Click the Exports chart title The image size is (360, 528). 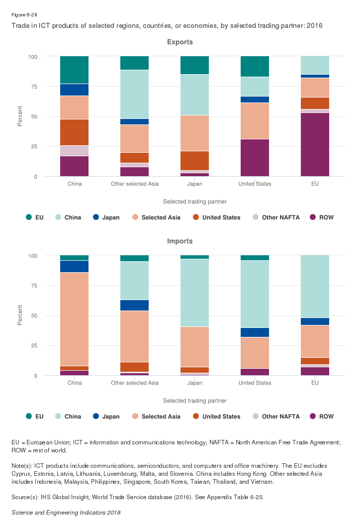(180, 42)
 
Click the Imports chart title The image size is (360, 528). (180, 241)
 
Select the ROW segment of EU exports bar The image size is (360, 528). (315, 144)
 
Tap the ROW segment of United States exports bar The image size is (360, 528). (255, 158)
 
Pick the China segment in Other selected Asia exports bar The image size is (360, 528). (134, 94)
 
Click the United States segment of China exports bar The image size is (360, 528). (74, 132)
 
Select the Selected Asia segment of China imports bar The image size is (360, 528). (74, 319)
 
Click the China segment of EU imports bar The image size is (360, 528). (315, 287)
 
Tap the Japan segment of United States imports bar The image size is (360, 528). (255, 332)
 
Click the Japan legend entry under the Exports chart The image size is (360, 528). (107, 217)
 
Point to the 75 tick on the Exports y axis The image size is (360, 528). (34, 87)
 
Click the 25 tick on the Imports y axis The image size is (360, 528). (34, 346)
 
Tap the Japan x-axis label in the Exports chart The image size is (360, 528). (194, 184)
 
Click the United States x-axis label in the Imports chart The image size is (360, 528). (255, 383)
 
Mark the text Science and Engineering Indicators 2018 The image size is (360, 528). (66, 512)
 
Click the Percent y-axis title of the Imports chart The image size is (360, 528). (20, 316)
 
